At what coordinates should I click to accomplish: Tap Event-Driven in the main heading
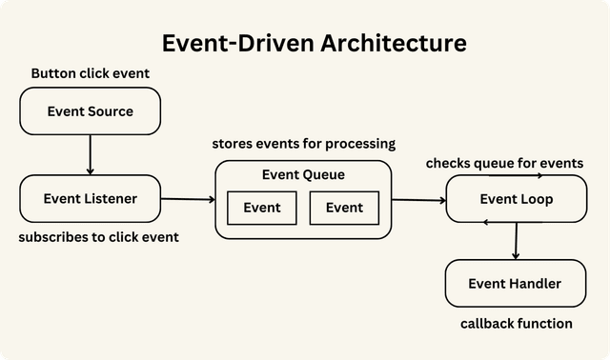click(x=224, y=43)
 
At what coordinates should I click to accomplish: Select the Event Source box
click(x=91, y=111)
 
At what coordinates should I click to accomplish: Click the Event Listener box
click(x=91, y=199)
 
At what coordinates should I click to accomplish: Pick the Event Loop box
click(x=516, y=199)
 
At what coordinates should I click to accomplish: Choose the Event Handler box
click(x=516, y=283)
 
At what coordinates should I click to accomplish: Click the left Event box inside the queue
click(x=262, y=208)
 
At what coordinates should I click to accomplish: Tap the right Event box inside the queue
click(x=344, y=208)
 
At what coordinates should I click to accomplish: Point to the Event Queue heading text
click(x=303, y=175)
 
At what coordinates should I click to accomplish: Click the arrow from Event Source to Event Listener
click(x=91, y=154)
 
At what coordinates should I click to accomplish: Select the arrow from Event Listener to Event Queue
click(x=188, y=199)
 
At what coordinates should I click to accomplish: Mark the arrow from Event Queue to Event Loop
click(x=419, y=200)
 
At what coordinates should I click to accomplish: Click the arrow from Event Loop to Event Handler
click(x=516, y=241)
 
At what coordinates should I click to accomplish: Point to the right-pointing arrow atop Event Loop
click(x=516, y=176)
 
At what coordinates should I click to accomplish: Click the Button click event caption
click(x=91, y=73)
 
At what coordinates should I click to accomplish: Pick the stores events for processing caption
click(x=303, y=144)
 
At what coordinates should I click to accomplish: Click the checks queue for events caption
click(x=504, y=163)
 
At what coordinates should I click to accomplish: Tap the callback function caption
click(x=516, y=324)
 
